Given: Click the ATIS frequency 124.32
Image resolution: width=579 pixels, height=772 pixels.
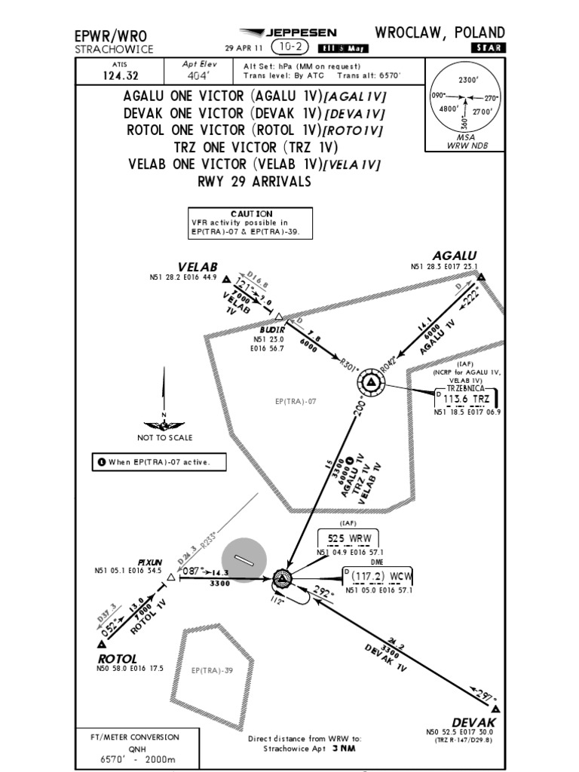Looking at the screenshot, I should (x=104, y=75).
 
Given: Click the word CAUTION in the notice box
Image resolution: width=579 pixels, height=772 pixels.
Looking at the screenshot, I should (x=252, y=214).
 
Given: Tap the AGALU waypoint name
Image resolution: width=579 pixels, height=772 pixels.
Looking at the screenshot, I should (x=454, y=256).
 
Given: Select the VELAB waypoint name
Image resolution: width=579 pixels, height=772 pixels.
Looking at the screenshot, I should (x=198, y=267).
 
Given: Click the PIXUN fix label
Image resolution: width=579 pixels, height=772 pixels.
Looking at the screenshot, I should (x=149, y=562).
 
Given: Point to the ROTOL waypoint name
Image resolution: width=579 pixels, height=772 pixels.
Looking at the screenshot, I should (x=117, y=658).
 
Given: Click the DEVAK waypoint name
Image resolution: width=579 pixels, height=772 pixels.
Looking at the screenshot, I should (x=474, y=722).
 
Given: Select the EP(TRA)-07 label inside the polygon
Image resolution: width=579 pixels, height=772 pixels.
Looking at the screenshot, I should (x=295, y=401).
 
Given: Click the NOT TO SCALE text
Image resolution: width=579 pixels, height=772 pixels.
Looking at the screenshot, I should (x=164, y=437).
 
